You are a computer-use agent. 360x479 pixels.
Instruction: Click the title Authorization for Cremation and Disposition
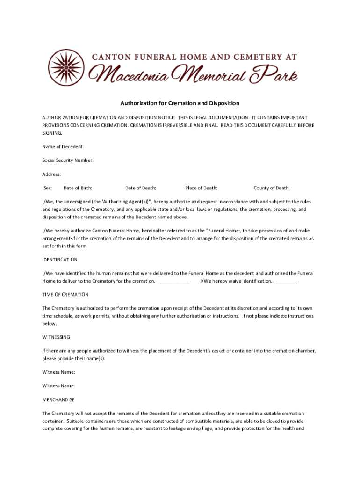(180, 103)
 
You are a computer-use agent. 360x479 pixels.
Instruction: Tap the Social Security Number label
(68, 160)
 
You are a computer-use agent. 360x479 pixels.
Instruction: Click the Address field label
(51, 174)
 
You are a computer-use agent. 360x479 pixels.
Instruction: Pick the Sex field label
(48, 188)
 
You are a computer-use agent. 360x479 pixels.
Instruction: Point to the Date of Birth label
(78, 188)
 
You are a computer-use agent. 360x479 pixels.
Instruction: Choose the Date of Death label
(141, 188)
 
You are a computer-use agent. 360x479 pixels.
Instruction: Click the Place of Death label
(201, 188)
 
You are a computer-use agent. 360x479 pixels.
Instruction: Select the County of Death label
(272, 188)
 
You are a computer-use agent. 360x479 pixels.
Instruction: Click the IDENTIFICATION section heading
(60, 260)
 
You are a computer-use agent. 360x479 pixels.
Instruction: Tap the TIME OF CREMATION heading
(65, 295)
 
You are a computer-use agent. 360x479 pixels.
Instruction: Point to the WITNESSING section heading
(56, 337)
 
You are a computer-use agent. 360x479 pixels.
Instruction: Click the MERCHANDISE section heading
(58, 400)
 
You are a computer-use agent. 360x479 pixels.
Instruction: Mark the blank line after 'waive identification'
(285, 282)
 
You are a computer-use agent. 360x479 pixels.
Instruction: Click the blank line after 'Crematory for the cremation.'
(174, 282)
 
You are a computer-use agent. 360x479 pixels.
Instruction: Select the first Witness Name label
(58, 372)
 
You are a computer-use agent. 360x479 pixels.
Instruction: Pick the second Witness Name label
(58, 386)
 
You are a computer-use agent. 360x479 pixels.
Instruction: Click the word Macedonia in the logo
(135, 74)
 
